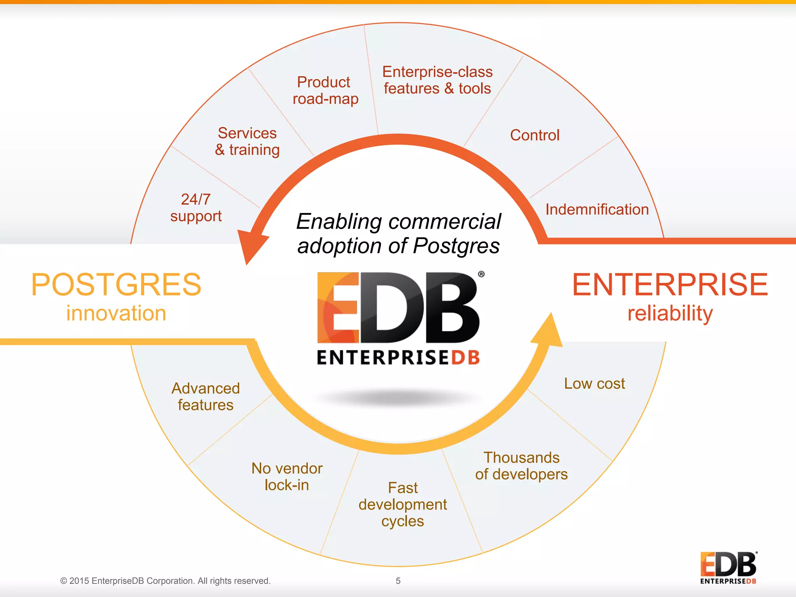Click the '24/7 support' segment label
(x=196, y=208)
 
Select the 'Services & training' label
(x=247, y=141)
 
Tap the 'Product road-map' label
(x=325, y=91)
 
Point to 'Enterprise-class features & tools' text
(x=437, y=80)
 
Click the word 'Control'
(x=534, y=135)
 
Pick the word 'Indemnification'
(x=597, y=209)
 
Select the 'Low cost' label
(x=594, y=384)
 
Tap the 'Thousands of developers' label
(x=521, y=466)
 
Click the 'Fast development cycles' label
(x=403, y=504)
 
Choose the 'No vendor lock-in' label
(x=287, y=477)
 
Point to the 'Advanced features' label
(x=206, y=397)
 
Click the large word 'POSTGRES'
(x=116, y=285)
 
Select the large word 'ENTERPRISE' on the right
(x=670, y=285)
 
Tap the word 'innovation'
(x=116, y=313)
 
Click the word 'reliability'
(x=670, y=313)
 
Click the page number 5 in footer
(x=398, y=581)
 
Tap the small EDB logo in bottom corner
(x=728, y=567)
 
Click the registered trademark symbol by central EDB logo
(x=481, y=274)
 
